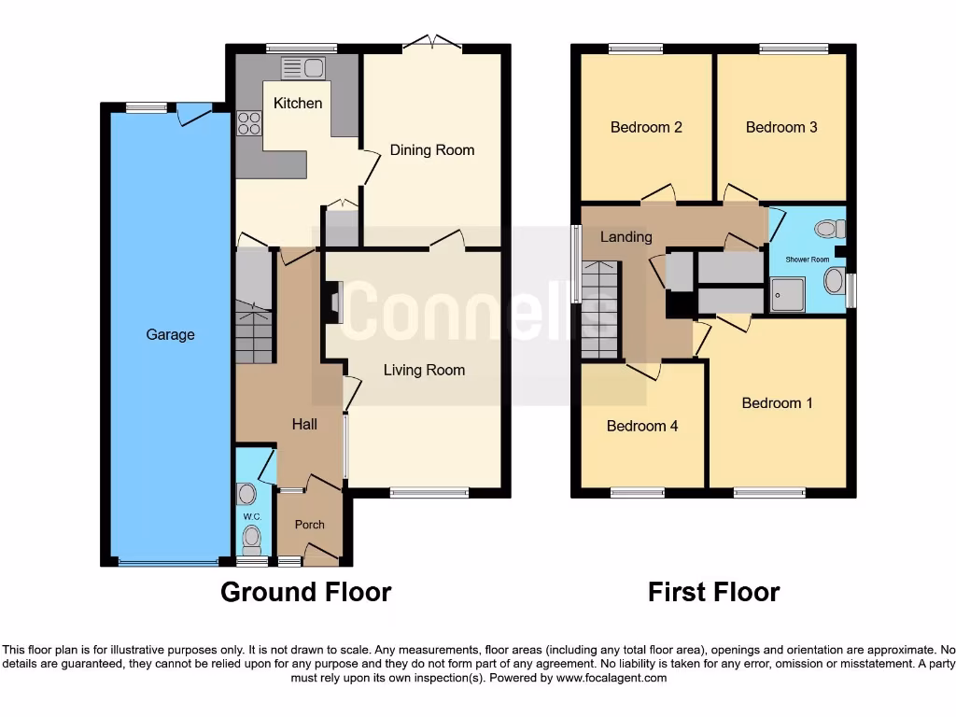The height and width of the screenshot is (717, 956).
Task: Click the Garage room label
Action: click(x=170, y=334)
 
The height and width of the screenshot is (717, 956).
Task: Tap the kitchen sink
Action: click(x=302, y=67)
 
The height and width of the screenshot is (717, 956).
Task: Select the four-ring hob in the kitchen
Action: click(x=249, y=123)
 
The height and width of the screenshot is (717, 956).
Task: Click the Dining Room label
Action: click(x=431, y=149)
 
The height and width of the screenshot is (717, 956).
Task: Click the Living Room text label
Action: click(x=424, y=370)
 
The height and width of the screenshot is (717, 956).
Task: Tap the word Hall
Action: click(x=304, y=424)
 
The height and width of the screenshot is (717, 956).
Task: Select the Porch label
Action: click(x=309, y=525)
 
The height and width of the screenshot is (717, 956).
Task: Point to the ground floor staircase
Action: click(x=253, y=331)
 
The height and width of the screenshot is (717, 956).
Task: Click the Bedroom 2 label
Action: click(x=646, y=127)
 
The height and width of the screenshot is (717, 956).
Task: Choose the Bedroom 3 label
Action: click(x=781, y=127)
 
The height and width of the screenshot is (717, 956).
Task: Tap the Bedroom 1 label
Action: click(x=777, y=402)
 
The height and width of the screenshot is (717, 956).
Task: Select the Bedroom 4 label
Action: click(x=642, y=426)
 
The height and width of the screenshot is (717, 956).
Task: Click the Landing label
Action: click(x=626, y=236)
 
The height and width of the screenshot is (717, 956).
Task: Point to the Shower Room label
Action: click(x=807, y=260)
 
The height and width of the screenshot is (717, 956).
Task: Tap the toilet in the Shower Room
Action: click(x=828, y=229)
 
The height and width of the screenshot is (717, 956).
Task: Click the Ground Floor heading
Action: click(x=305, y=592)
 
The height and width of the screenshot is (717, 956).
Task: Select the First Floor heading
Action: click(x=713, y=592)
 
